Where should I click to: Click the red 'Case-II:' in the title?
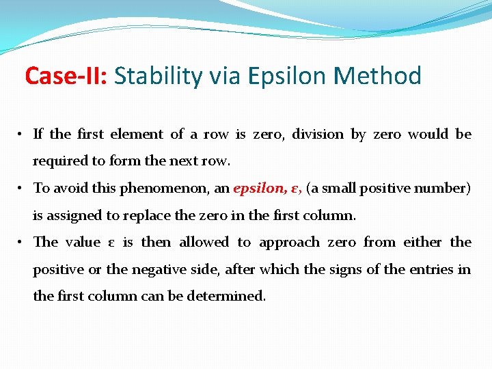[x=66, y=76]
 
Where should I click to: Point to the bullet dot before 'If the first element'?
[x=22, y=135]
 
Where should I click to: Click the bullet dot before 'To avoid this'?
[x=22, y=189]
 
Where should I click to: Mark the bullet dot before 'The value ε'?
[x=22, y=243]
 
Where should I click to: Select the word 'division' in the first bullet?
[x=318, y=135]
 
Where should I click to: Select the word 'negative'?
[x=161, y=270]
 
